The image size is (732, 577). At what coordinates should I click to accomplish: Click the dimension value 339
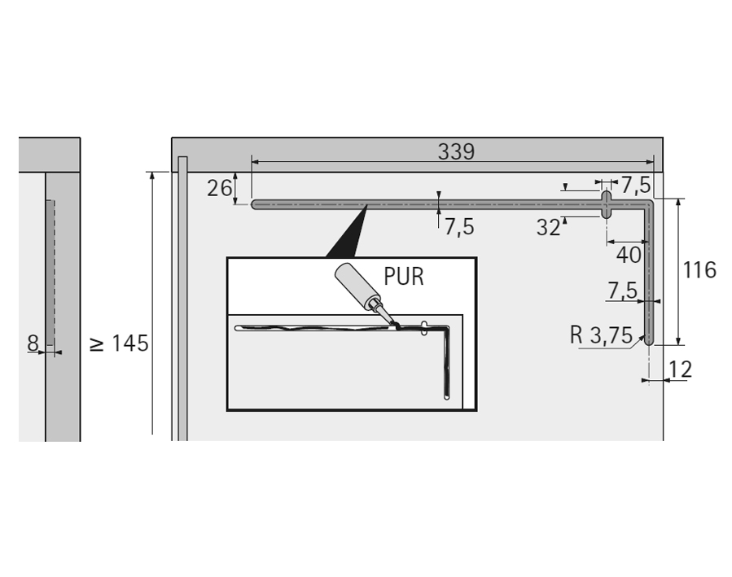point(456,151)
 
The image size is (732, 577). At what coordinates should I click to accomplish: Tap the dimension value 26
point(219,189)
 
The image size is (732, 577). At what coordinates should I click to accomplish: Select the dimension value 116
point(699,270)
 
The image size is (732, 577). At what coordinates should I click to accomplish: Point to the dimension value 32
point(549,228)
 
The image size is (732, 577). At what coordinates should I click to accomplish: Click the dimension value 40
point(629,256)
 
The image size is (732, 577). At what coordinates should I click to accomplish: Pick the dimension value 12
point(680,370)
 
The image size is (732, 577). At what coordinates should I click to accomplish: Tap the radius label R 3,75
point(601,335)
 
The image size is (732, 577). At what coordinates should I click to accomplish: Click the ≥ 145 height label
point(119,343)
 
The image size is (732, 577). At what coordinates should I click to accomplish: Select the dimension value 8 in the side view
point(33,343)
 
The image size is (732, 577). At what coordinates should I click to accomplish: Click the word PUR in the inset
point(404,277)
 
